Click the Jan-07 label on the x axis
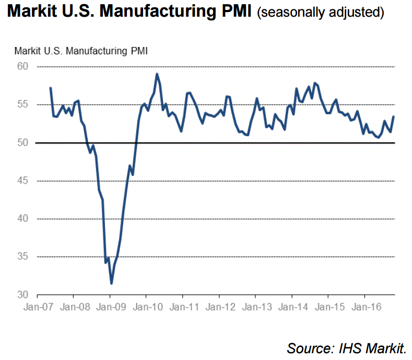pos(37,307)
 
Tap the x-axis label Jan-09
pos(110,307)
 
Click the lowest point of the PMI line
pos(111,283)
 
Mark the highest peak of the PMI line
pos(157,74)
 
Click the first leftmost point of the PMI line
pos(50,88)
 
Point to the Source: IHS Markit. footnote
pos(346,347)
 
